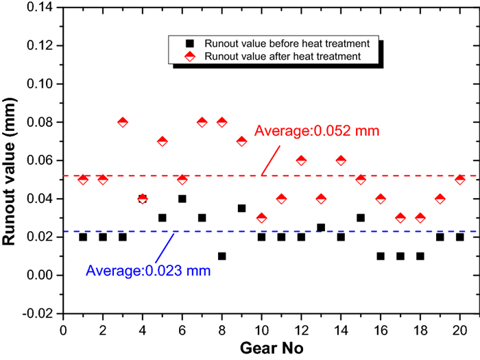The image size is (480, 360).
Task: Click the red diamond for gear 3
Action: [123, 122]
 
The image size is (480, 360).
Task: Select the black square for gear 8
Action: [222, 256]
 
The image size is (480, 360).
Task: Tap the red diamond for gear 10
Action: [262, 218]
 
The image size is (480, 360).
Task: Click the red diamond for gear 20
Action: [460, 180]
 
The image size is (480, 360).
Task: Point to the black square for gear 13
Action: [321, 228]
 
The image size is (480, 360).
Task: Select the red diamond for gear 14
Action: [341, 160]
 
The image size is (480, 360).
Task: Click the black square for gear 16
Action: [381, 256]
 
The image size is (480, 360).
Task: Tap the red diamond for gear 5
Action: [163, 141]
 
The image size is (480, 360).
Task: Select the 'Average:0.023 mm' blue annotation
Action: [148, 270]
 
